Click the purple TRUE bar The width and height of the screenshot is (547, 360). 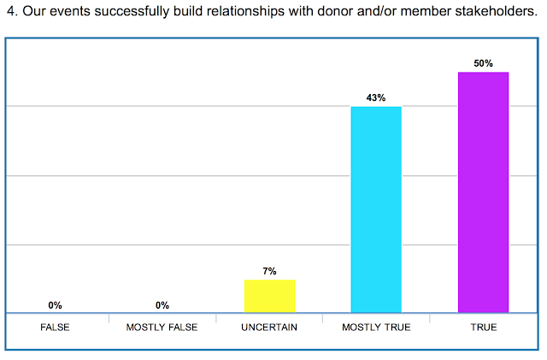click(x=483, y=192)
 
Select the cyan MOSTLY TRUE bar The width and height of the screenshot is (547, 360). click(x=376, y=210)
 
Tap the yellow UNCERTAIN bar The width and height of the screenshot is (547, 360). click(x=270, y=296)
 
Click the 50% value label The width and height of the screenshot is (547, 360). click(x=483, y=63)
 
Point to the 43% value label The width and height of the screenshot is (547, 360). click(x=376, y=97)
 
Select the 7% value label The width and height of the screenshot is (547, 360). click(x=269, y=271)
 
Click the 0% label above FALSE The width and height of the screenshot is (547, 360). click(x=55, y=305)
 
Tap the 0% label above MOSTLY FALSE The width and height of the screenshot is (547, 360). click(x=162, y=305)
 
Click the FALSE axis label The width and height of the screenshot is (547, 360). click(x=55, y=328)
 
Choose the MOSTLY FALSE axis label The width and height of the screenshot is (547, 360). click(x=162, y=328)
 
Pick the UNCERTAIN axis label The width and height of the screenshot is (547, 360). click(x=269, y=328)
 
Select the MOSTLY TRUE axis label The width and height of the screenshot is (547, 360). click(x=376, y=328)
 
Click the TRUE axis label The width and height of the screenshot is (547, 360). click(x=484, y=328)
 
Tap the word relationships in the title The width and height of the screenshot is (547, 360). click(x=245, y=12)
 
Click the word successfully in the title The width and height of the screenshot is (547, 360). click(x=132, y=12)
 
